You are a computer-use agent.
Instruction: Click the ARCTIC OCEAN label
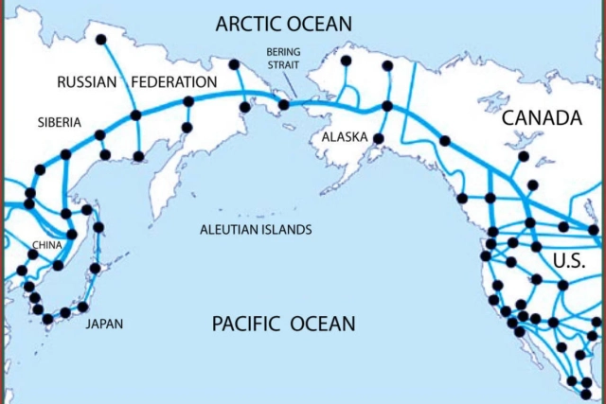(283, 23)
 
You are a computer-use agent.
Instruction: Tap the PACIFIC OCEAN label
(283, 325)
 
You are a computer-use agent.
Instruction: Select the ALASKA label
(345, 137)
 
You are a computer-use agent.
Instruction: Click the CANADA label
(541, 118)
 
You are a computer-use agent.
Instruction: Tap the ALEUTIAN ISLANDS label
(256, 230)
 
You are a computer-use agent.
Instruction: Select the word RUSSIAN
(87, 82)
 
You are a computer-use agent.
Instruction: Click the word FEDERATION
(173, 82)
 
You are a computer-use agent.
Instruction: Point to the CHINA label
(47, 245)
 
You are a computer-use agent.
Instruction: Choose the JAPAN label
(104, 324)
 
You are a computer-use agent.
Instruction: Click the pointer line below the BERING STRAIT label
(293, 85)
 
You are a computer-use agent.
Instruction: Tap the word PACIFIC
(245, 325)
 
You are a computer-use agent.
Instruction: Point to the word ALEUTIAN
(228, 230)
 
